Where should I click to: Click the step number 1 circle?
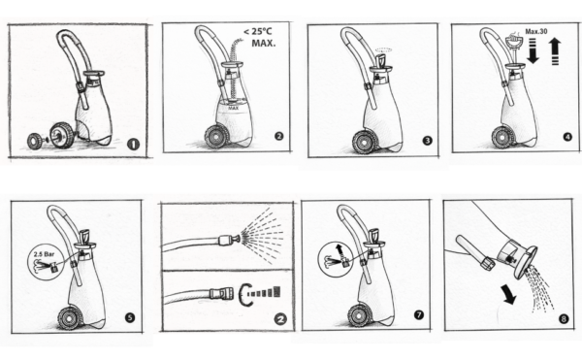coord(133,145)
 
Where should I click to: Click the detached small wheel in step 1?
coord(36,141)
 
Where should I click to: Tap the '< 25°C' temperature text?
coord(258,32)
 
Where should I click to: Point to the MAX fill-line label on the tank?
coord(234,109)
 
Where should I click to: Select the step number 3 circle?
coord(428,141)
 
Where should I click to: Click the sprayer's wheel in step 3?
coord(363,142)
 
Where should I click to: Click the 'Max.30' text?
coord(536,32)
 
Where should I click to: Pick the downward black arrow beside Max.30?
coord(533,51)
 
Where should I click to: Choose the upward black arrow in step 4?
coord(555,51)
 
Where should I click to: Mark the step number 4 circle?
coord(567,137)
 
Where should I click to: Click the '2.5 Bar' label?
coord(44,254)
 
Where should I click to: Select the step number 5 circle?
coord(130,317)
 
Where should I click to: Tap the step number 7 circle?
coord(419,314)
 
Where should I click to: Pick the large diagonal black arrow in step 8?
coord(509,294)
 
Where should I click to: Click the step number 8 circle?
coord(564,318)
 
